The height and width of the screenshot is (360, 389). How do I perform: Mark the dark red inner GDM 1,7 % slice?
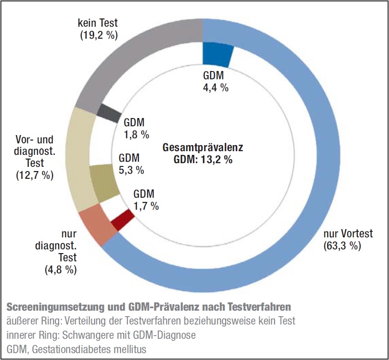(x=122, y=220)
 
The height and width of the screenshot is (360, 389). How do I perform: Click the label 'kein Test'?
(x=97, y=22)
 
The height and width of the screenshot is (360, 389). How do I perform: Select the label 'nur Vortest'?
(x=347, y=233)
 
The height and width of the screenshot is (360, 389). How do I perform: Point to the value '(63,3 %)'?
(x=342, y=245)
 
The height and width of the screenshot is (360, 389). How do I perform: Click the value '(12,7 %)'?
(x=35, y=175)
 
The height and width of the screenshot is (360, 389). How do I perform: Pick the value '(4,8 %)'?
(x=60, y=270)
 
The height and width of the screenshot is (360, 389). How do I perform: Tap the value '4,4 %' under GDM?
(x=215, y=88)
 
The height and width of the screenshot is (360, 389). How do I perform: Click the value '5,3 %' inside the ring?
(x=131, y=170)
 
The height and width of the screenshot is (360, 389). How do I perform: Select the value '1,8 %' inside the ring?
(x=136, y=135)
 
